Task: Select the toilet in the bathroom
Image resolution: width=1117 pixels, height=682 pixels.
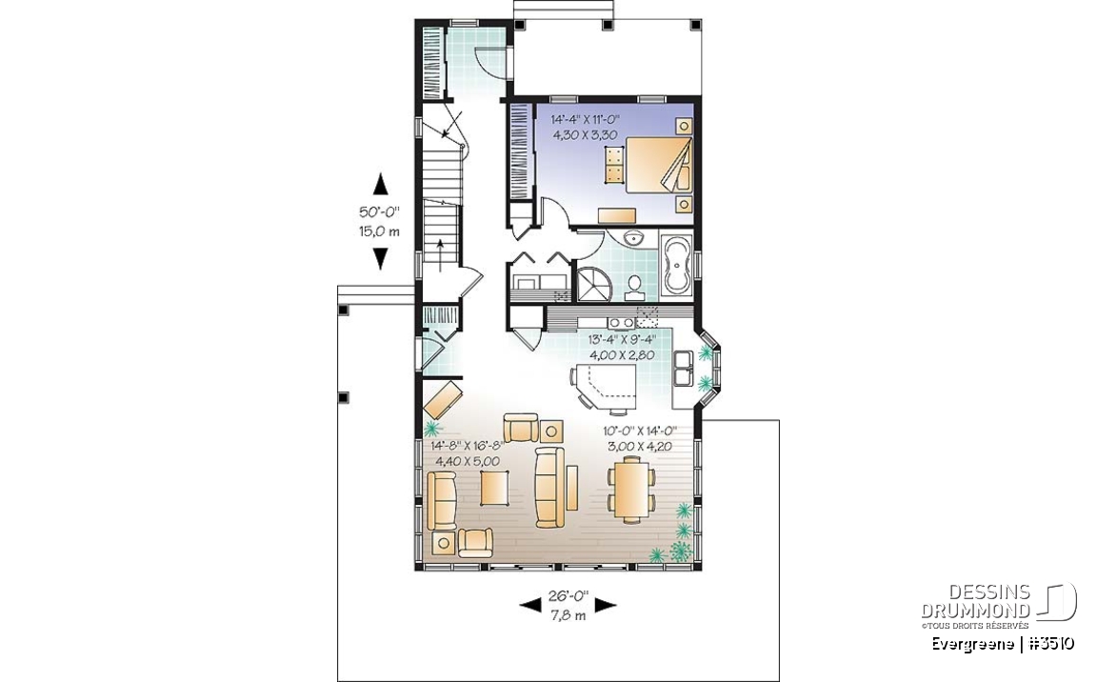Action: click(x=632, y=286)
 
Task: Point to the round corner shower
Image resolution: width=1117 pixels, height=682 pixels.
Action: click(x=592, y=284)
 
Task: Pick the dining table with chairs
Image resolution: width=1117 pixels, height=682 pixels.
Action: click(x=631, y=491)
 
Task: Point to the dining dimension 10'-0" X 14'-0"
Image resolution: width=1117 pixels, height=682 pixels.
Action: click(x=639, y=431)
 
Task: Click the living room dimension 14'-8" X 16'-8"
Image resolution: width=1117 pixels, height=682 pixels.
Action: click(x=467, y=447)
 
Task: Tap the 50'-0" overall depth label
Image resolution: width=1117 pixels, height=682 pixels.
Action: click(x=379, y=211)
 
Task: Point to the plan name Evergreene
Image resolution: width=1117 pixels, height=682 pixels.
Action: click(x=971, y=644)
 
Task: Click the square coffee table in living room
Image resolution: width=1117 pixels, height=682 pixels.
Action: click(x=493, y=488)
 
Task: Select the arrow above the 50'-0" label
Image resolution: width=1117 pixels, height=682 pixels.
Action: click(x=380, y=184)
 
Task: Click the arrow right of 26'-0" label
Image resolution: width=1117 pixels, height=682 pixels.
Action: click(x=606, y=605)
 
